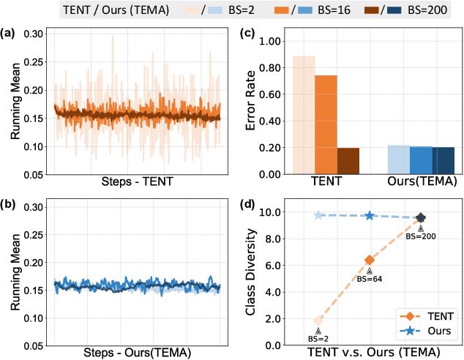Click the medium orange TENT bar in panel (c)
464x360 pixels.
tap(326, 124)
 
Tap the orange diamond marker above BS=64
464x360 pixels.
tap(370, 260)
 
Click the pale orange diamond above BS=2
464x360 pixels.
tap(318, 320)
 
